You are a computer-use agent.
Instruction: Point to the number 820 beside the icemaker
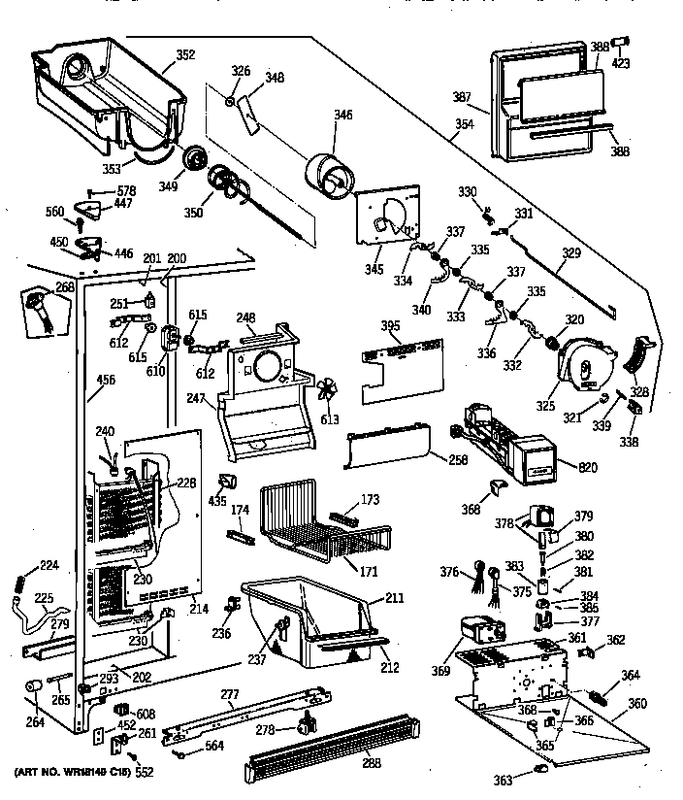pyautogui.click(x=588, y=468)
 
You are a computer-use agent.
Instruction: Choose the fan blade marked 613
pyautogui.click(x=329, y=391)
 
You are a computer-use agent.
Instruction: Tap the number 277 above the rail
pyautogui.click(x=257, y=694)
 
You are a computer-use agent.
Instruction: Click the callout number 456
pyautogui.click(x=106, y=380)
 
